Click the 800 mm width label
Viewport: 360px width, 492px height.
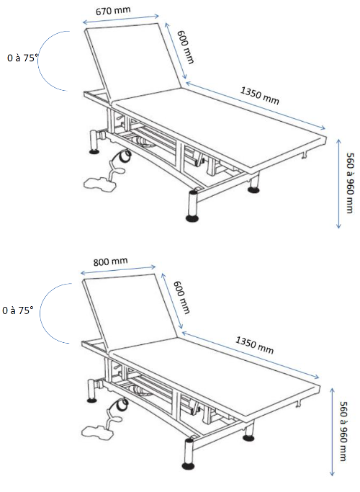(111, 263)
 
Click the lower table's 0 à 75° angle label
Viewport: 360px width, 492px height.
(18, 310)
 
